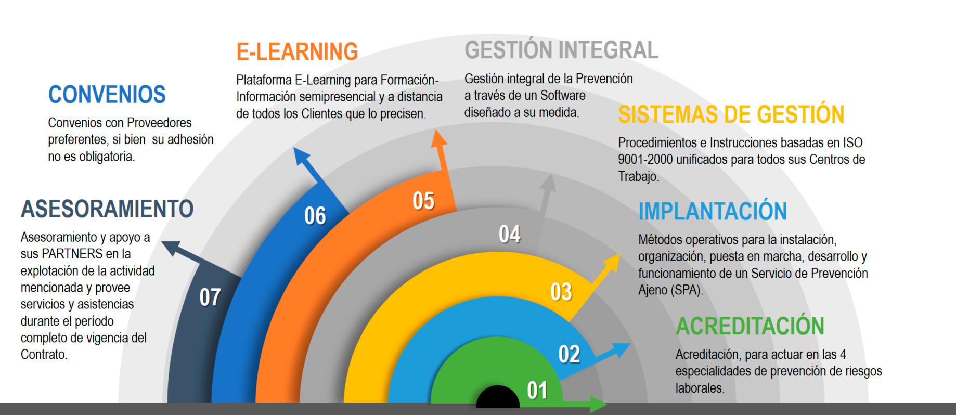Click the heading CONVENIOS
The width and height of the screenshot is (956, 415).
pyautogui.click(x=107, y=95)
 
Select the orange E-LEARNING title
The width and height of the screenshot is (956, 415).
pyautogui.click(x=297, y=52)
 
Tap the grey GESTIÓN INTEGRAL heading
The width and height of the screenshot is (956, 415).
pyautogui.click(x=561, y=50)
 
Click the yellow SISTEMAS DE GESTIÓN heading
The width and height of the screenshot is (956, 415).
pyautogui.click(x=731, y=114)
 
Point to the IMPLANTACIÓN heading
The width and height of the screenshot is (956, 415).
pyautogui.click(x=713, y=211)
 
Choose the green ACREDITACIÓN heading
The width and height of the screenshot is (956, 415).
pyautogui.click(x=750, y=326)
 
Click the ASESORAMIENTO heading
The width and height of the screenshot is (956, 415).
pyautogui.click(x=107, y=209)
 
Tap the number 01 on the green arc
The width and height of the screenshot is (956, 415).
pyautogui.click(x=537, y=391)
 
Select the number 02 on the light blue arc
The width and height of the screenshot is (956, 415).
pyautogui.click(x=569, y=354)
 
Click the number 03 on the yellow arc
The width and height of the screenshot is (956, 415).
pyautogui.click(x=561, y=292)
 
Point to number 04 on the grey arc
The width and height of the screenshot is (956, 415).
pyautogui.click(x=510, y=234)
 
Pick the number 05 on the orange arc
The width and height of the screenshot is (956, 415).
pyautogui.click(x=423, y=201)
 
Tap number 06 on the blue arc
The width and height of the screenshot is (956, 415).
pyautogui.click(x=315, y=216)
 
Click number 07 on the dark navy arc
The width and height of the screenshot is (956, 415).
pyautogui.click(x=210, y=297)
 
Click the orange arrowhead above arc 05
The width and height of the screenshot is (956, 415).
pyautogui.click(x=438, y=139)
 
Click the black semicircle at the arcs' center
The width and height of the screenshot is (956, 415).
pyautogui.click(x=498, y=395)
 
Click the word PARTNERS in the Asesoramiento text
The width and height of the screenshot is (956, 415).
pyautogui.click(x=80, y=254)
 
